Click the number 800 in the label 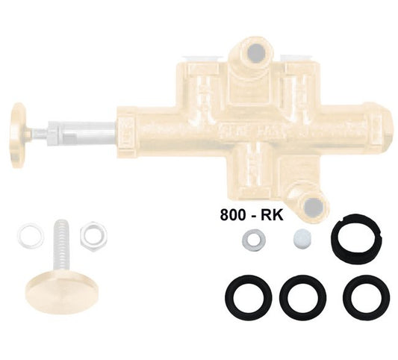point(233,215)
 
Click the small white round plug point(302,240)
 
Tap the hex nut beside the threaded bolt point(93,235)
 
